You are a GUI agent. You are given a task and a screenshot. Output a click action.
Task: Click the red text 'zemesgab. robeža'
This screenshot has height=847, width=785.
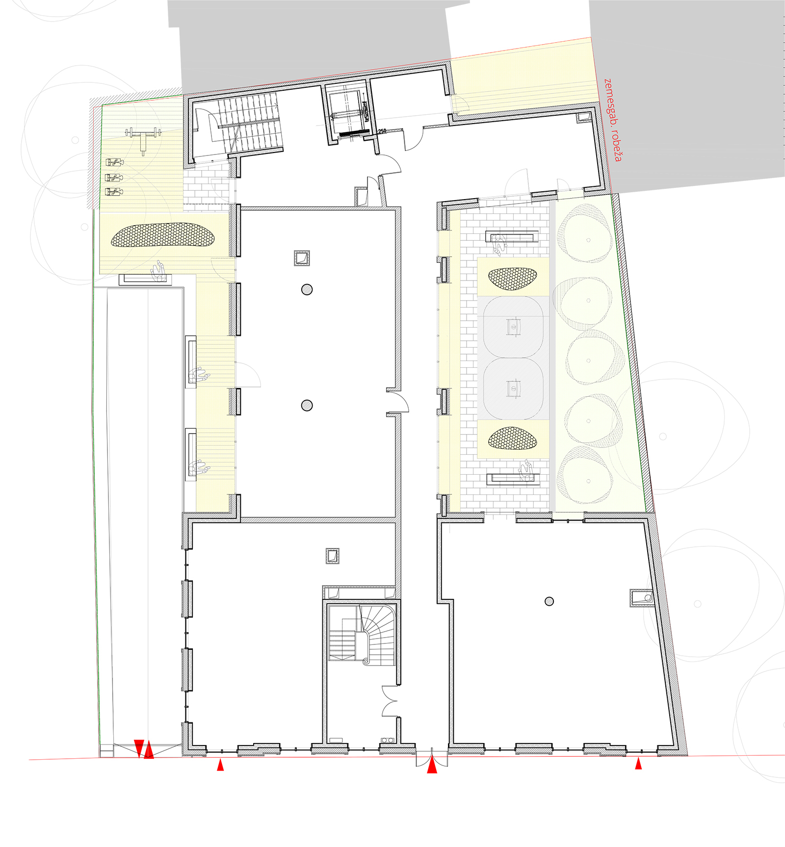click(x=613, y=120)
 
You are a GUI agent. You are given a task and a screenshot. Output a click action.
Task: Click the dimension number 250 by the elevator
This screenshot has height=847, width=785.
click(x=382, y=131)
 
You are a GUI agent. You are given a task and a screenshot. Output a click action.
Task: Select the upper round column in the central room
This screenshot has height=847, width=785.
click(x=307, y=289)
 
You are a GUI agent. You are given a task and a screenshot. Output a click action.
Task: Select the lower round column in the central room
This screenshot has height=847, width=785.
click(x=307, y=405)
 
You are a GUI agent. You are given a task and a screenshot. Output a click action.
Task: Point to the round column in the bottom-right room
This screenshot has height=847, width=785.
click(x=549, y=601)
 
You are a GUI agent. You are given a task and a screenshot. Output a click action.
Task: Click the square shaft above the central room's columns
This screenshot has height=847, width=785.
click(x=302, y=258)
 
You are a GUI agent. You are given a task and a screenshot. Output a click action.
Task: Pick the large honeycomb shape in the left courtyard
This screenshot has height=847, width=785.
click(x=163, y=235)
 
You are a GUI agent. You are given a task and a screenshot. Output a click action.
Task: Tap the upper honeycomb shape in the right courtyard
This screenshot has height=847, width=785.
click(x=513, y=278)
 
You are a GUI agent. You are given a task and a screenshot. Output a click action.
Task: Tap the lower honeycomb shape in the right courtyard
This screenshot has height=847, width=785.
click(x=513, y=438)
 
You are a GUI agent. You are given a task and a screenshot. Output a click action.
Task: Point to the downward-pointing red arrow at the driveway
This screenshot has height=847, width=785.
click(x=139, y=748)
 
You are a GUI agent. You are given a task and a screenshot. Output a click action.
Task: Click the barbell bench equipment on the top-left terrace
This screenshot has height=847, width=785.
click(x=143, y=139)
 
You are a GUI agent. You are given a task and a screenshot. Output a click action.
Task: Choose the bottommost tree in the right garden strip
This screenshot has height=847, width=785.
click(x=587, y=475)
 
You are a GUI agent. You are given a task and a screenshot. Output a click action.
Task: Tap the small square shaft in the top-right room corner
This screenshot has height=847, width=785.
click(x=584, y=117)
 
